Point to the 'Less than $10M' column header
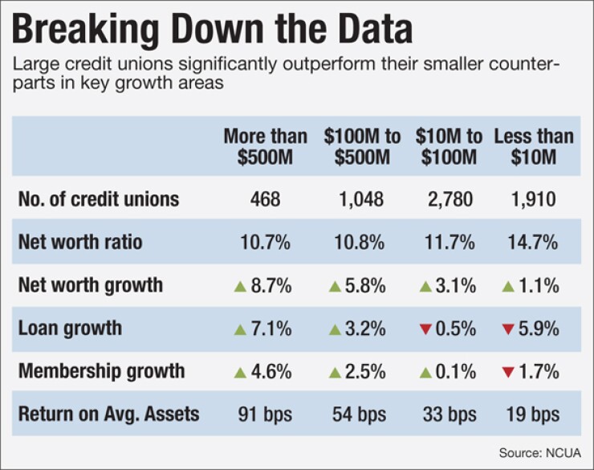click(534, 146)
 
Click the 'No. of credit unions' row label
click(98, 198)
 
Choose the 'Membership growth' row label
click(101, 371)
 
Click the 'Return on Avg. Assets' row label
click(108, 415)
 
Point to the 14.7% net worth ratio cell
click(534, 242)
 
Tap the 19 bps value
click(534, 415)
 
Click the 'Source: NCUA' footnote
click(539, 454)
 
